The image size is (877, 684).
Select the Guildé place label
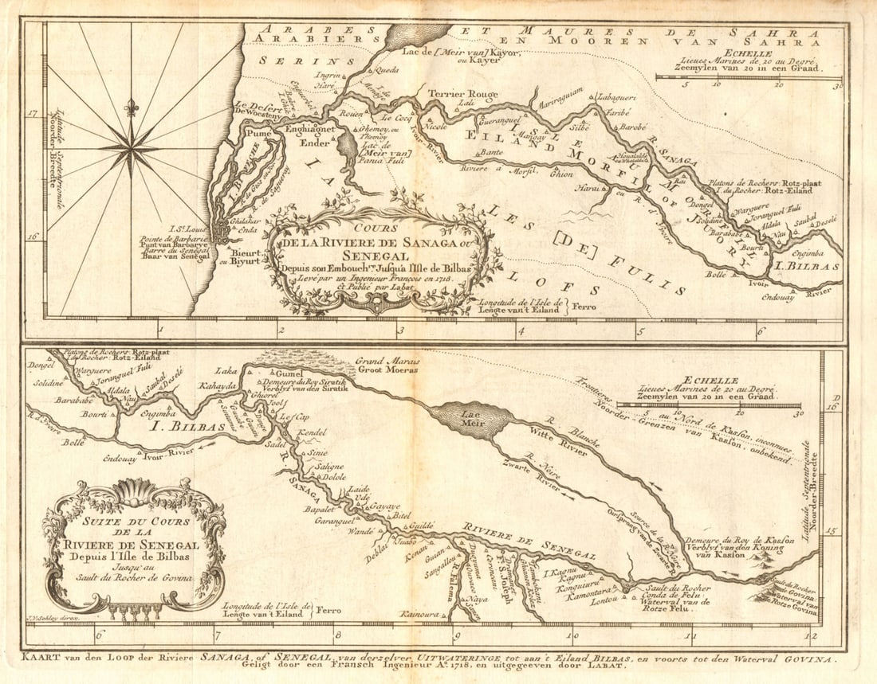420,526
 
